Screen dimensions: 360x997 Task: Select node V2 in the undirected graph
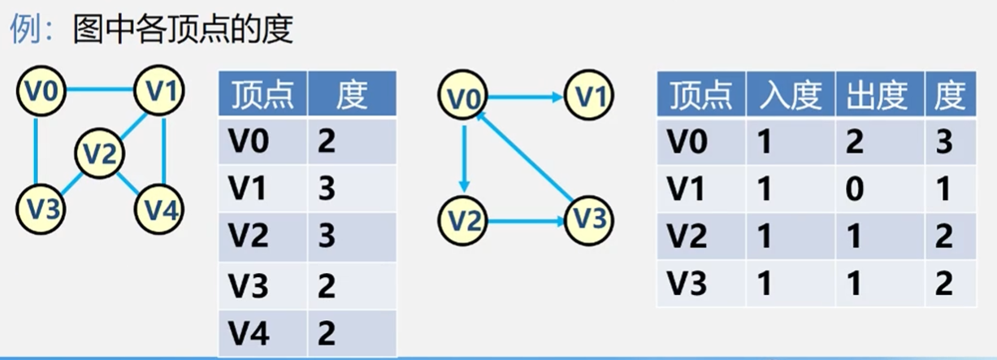[x=99, y=152]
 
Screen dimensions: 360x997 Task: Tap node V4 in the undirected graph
[x=159, y=209]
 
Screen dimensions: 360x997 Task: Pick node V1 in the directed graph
[x=590, y=96]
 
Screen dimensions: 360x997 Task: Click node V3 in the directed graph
[x=587, y=218]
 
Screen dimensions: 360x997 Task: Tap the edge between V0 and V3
[x=37, y=150]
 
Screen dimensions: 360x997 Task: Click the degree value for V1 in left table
[x=326, y=190]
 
